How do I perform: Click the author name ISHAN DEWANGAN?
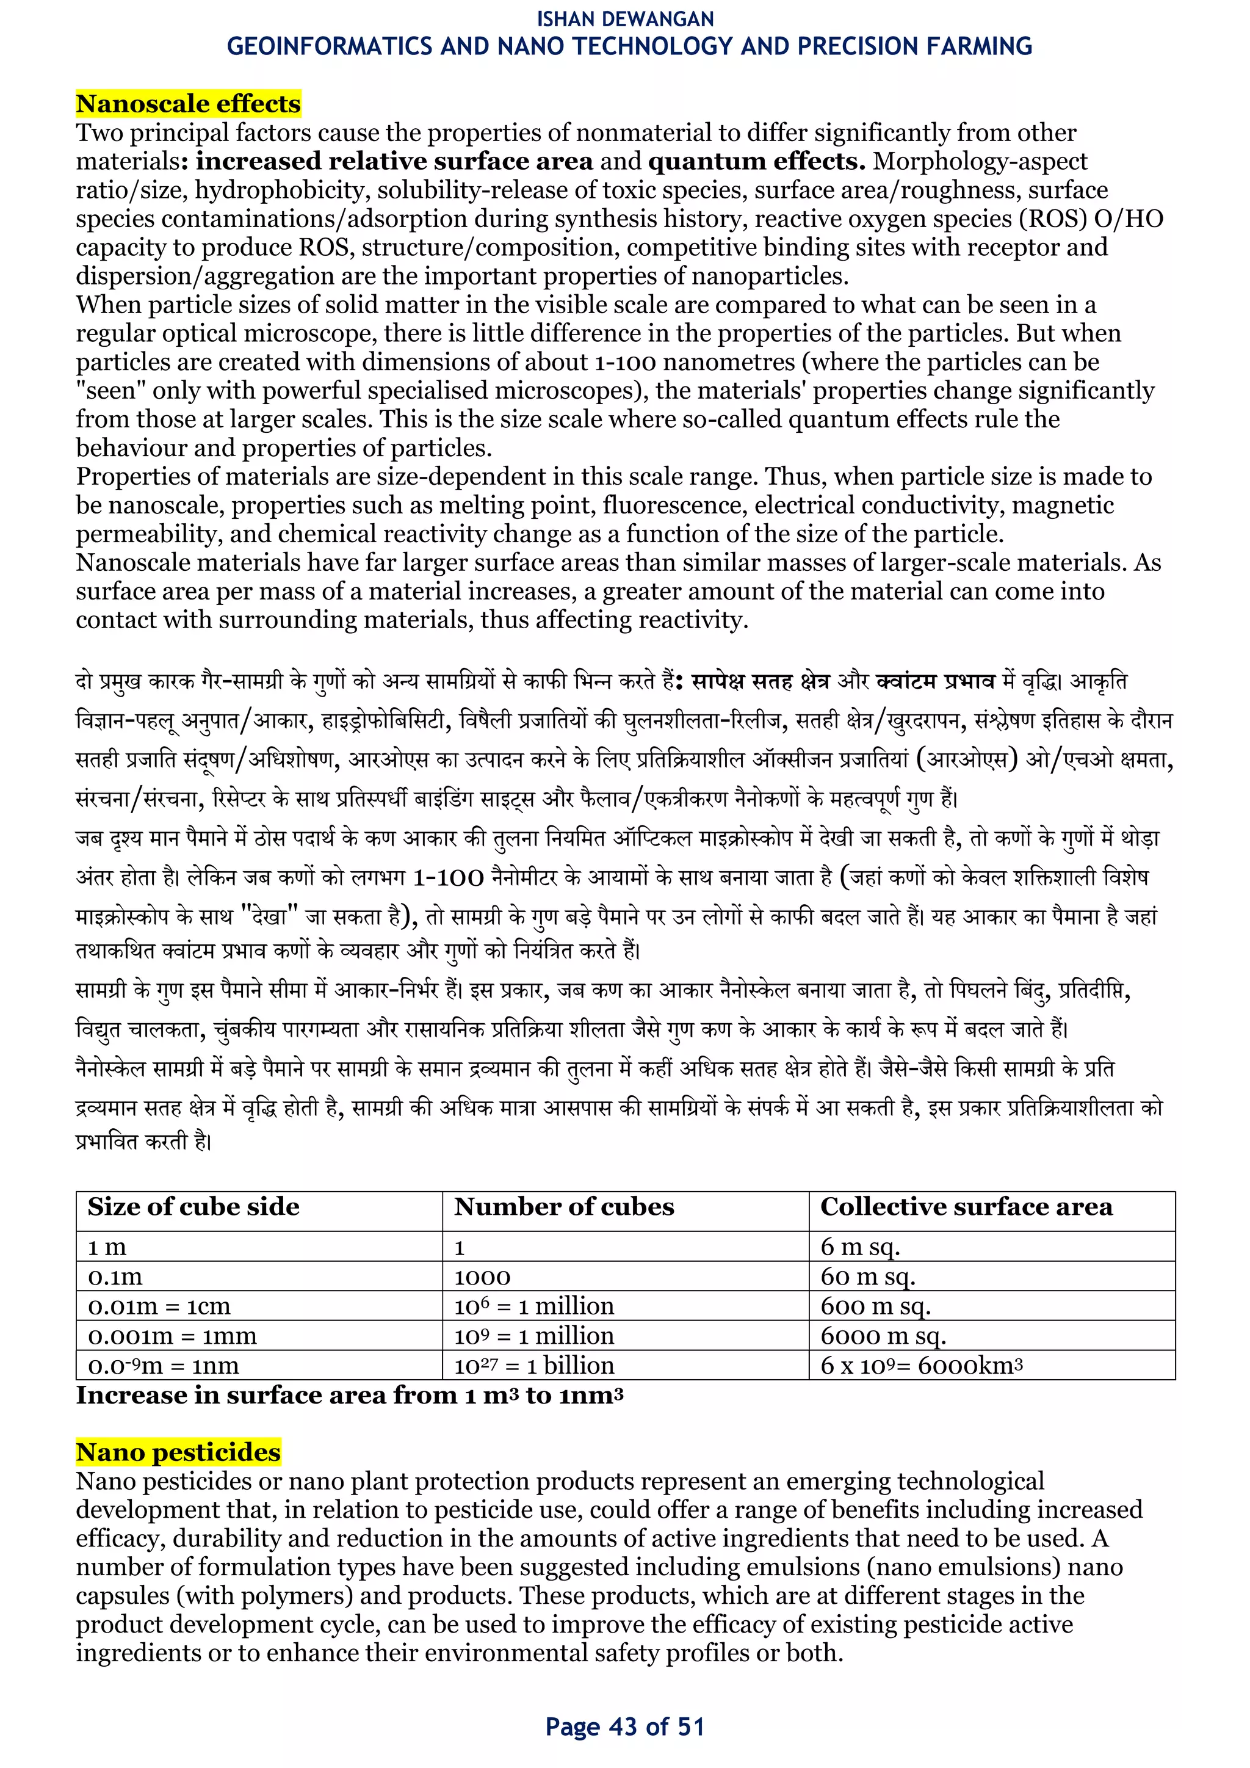coord(625,18)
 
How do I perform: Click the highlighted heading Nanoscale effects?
coord(188,104)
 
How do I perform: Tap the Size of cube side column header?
coord(193,1206)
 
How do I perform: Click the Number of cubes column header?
coord(563,1206)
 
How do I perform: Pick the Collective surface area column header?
coord(966,1206)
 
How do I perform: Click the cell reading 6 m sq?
coord(860,1247)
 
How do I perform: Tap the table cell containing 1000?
coord(483,1277)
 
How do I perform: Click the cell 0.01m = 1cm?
coord(159,1306)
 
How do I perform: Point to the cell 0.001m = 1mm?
coord(172,1336)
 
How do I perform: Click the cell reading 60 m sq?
coord(867,1277)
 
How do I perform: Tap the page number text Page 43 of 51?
coord(625,1727)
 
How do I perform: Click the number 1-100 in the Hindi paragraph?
coord(448,878)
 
